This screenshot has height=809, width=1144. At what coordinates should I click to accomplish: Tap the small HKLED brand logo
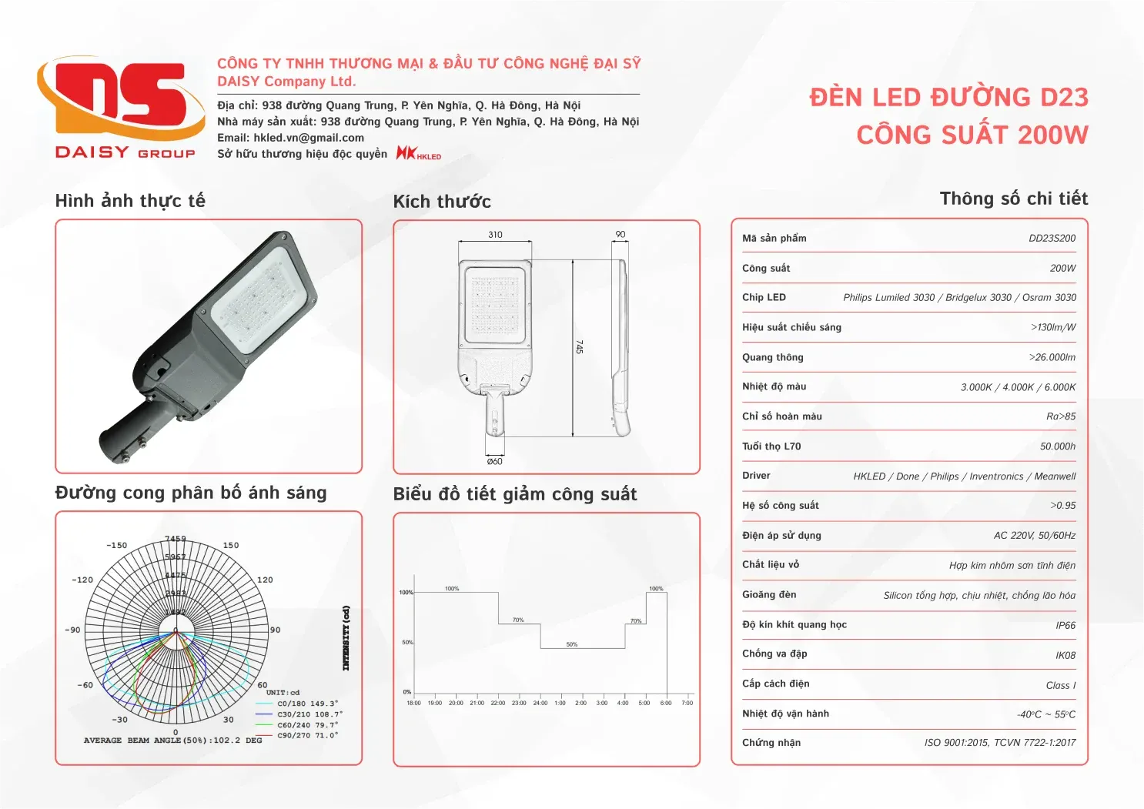tap(419, 153)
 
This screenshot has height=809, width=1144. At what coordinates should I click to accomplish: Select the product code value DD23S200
tap(1052, 239)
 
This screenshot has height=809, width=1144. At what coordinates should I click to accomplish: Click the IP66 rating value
tap(1065, 626)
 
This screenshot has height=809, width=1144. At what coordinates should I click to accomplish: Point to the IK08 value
tap(1065, 656)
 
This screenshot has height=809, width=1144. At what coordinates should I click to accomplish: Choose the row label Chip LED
tap(764, 298)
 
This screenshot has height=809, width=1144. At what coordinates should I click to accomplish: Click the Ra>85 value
tap(1061, 416)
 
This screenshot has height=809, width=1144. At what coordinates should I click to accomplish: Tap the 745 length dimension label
tap(580, 347)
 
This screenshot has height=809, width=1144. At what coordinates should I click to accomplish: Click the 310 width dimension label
tap(495, 235)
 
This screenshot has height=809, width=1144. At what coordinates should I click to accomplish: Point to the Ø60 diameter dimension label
tap(494, 462)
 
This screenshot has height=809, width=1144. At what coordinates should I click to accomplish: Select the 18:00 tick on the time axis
tap(413, 703)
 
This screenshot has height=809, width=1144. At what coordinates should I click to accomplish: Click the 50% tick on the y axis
tap(407, 642)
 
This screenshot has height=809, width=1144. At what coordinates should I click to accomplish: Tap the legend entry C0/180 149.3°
tap(306, 704)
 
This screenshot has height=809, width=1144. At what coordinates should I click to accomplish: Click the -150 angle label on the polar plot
tap(117, 545)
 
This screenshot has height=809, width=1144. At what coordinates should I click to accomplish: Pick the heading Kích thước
tap(442, 202)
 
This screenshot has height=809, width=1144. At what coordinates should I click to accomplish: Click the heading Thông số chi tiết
tap(1013, 199)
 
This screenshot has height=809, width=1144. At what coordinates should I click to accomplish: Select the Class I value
tap(1060, 686)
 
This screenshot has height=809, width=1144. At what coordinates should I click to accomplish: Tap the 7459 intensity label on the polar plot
tap(176, 539)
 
